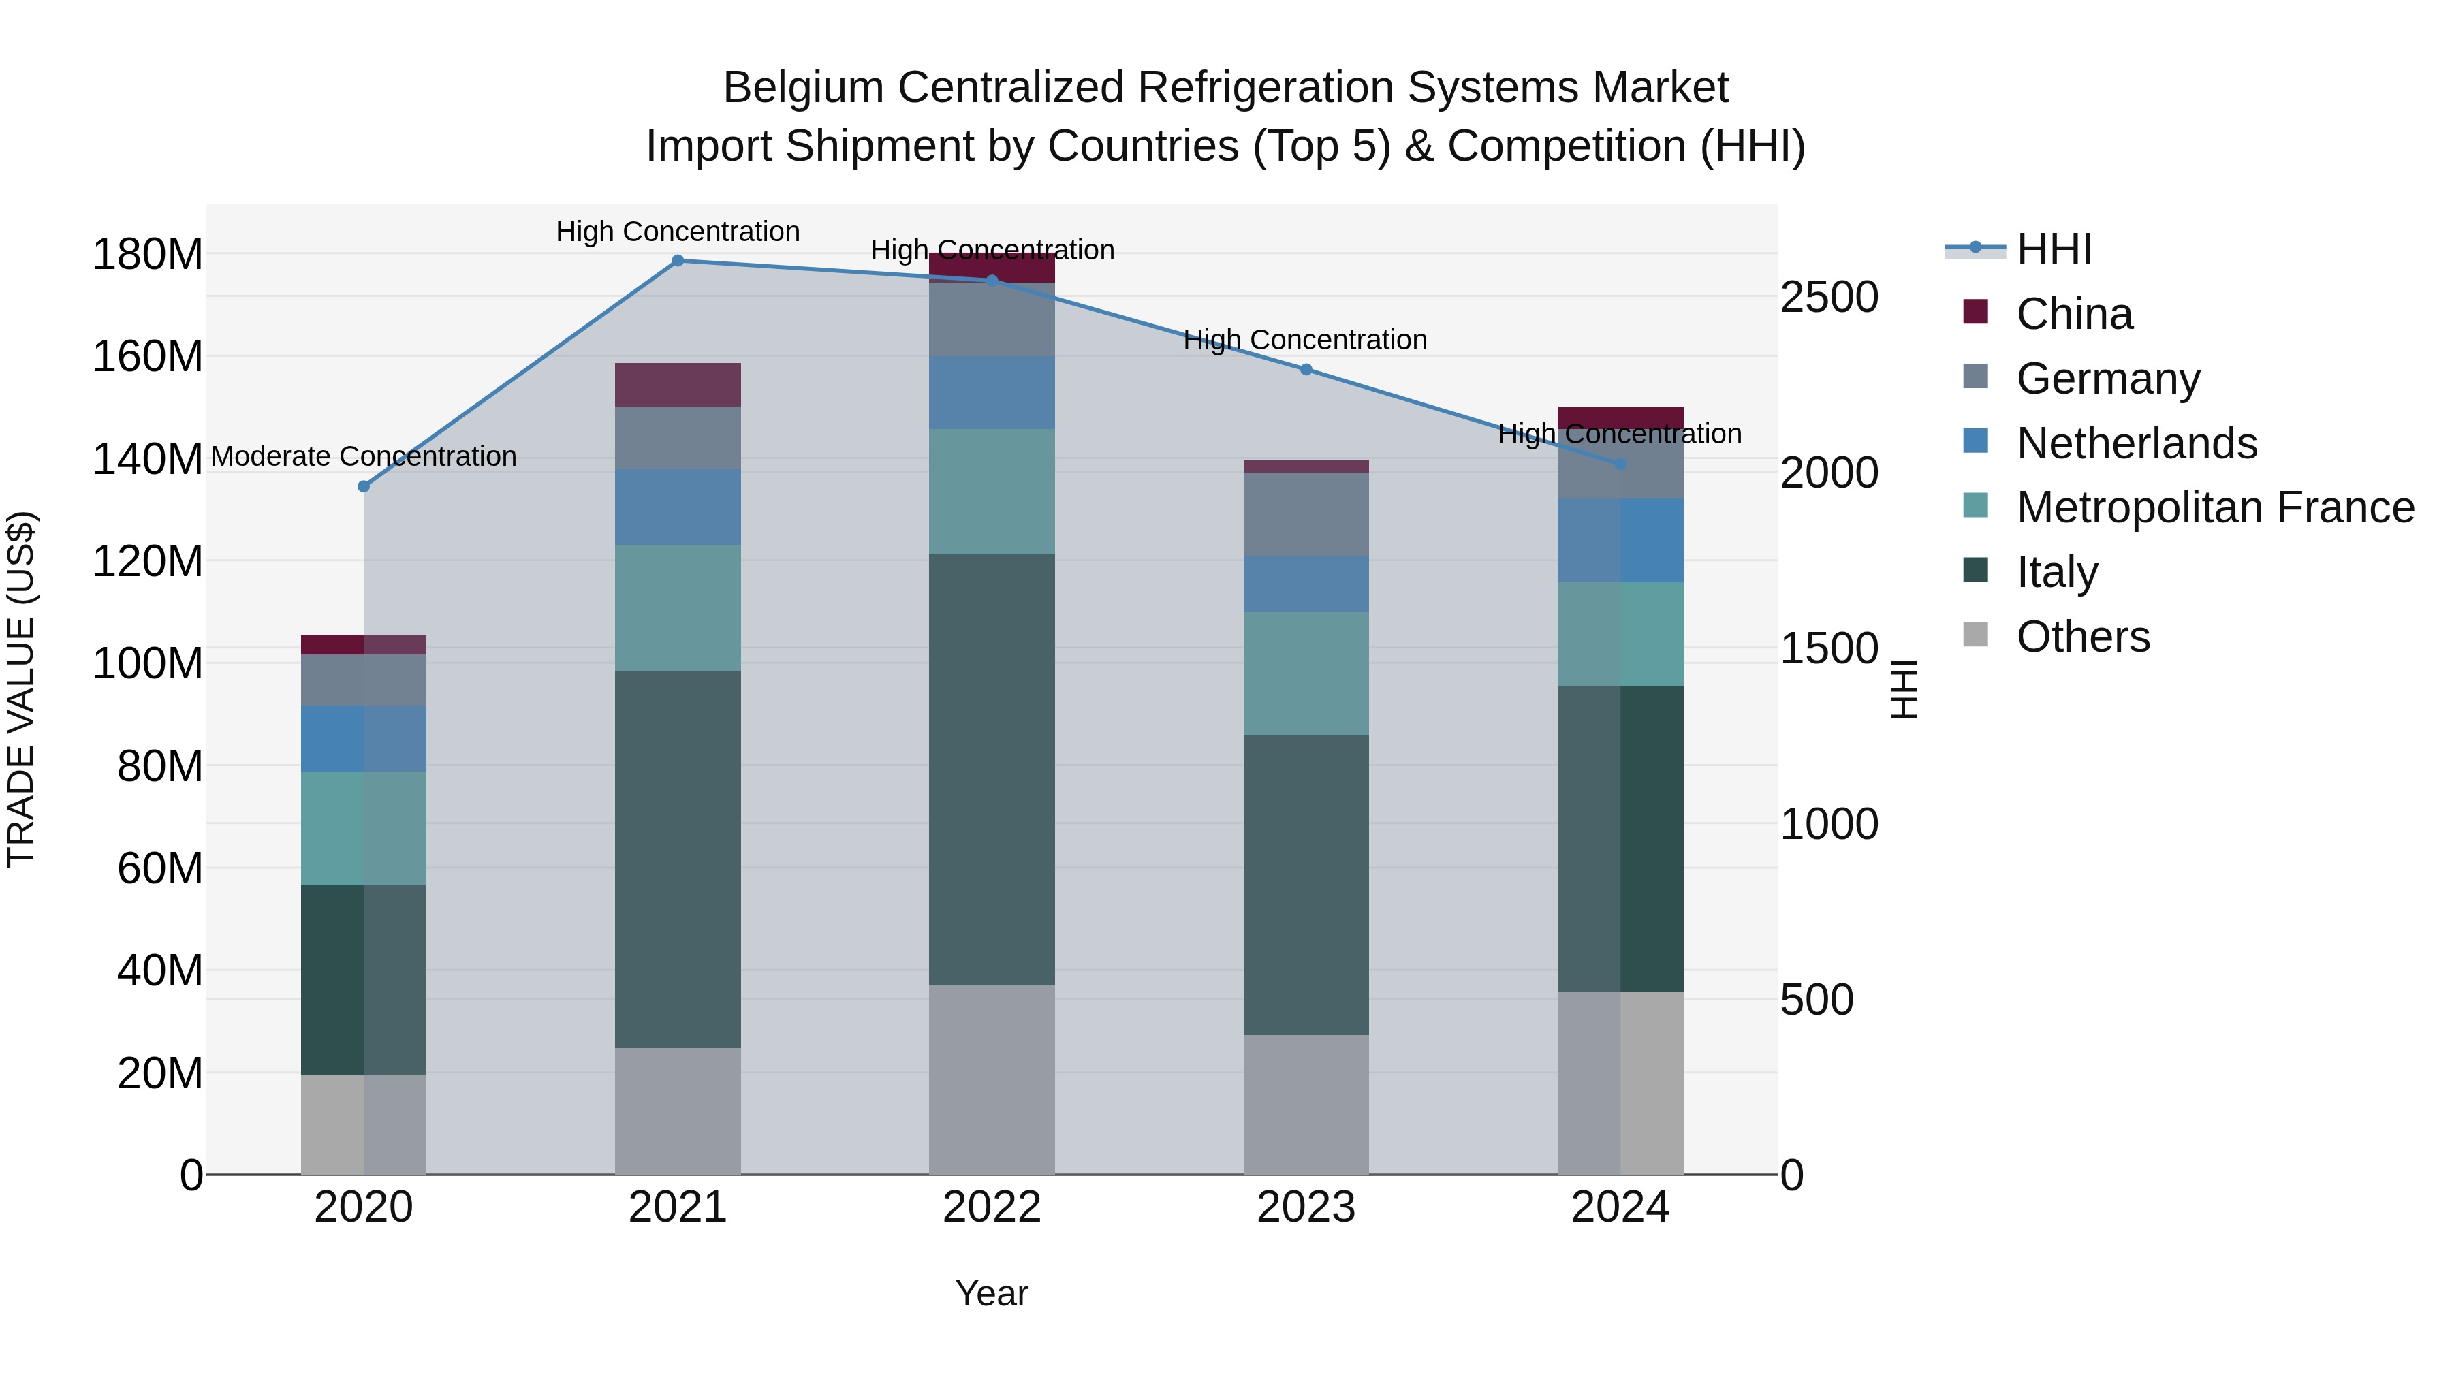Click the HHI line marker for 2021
coord(678,261)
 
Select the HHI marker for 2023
coord(1306,369)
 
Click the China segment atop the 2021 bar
coord(678,385)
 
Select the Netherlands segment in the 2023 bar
coord(1306,584)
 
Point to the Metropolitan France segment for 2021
coord(678,607)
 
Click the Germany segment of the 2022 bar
coord(992,320)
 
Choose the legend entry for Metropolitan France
coord(2215,507)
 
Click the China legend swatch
coord(1976,312)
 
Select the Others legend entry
coord(2083,637)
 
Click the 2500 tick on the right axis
coord(1829,298)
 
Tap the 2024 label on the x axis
coord(1620,1207)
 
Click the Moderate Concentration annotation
coord(364,457)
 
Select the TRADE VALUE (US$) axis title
coord(21,689)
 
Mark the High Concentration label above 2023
coord(1305,340)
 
